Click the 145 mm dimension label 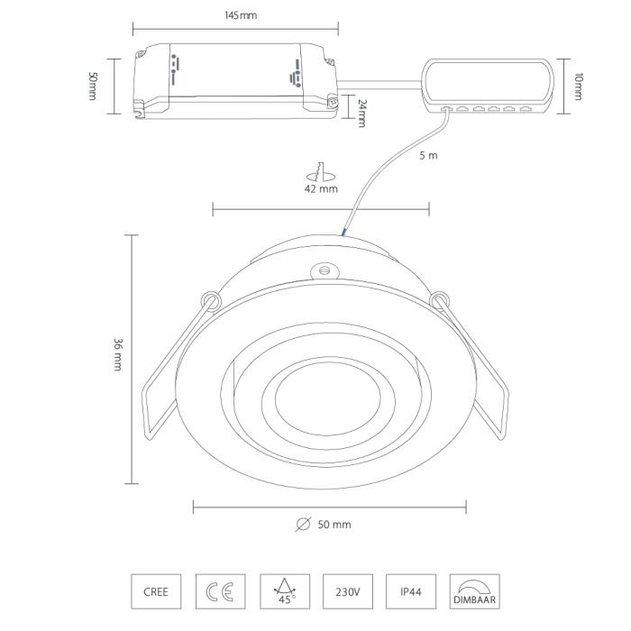point(241,15)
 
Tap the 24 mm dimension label point(362,114)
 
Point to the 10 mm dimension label point(578,87)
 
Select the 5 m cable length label point(428,155)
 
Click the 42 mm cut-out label point(321,188)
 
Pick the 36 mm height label point(117,354)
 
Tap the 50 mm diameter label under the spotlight point(334,525)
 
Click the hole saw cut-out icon point(321,172)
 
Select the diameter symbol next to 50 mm point(303,524)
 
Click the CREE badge point(156,591)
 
